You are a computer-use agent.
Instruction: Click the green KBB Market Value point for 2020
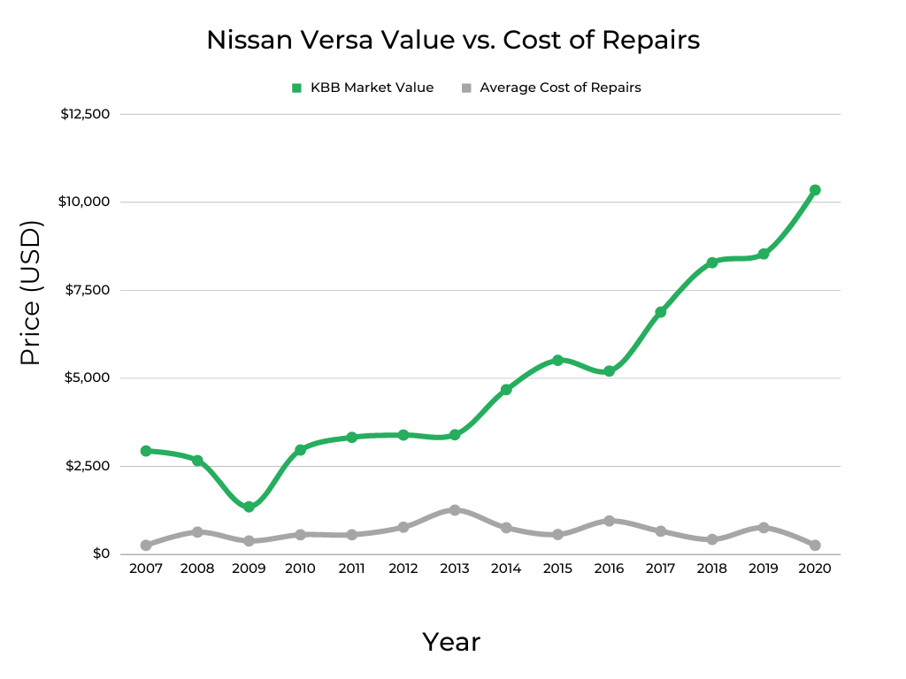click(x=815, y=190)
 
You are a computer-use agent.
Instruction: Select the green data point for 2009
click(x=249, y=507)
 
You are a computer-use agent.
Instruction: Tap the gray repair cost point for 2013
click(x=455, y=510)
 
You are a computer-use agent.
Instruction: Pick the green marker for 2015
click(x=557, y=360)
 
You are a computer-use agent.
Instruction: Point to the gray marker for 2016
click(x=609, y=521)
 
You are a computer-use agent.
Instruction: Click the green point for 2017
click(x=660, y=312)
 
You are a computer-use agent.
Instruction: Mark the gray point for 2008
click(x=197, y=532)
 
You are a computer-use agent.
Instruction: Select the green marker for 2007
click(x=146, y=451)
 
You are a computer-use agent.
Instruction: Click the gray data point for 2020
click(x=815, y=545)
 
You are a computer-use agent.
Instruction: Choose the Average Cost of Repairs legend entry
click(x=551, y=88)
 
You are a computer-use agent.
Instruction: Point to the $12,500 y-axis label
click(x=85, y=114)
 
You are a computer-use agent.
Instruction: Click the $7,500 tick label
click(x=88, y=290)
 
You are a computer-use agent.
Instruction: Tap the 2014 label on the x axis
click(x=506, y=569)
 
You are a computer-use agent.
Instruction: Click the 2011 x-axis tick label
click(x=351, y=569)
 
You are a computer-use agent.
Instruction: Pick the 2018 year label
click(x=711, y=569)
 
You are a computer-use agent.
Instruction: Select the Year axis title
click(x=451, y=642)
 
